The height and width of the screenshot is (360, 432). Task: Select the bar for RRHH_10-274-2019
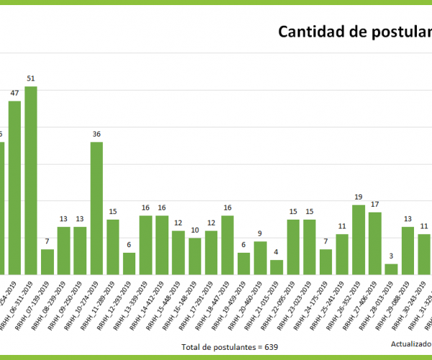click(96, 208)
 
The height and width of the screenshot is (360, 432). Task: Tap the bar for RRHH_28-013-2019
click(391, 269)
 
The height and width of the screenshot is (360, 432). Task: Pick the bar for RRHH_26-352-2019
click(358, 239)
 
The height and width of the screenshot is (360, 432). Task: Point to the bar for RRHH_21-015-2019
click(276, 266)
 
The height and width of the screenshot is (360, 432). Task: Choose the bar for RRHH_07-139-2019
click(48, 261)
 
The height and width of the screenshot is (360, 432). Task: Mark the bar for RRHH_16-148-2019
click(194, 256)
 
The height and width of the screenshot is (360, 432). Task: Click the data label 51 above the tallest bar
click(31, 78)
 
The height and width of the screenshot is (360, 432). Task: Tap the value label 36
click(96, 134)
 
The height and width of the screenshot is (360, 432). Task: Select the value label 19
click(358, 197)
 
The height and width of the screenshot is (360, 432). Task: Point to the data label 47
click(14, 93)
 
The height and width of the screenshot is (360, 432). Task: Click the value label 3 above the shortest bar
click(391, 256)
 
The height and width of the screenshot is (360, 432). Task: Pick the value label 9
click(260, 233)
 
